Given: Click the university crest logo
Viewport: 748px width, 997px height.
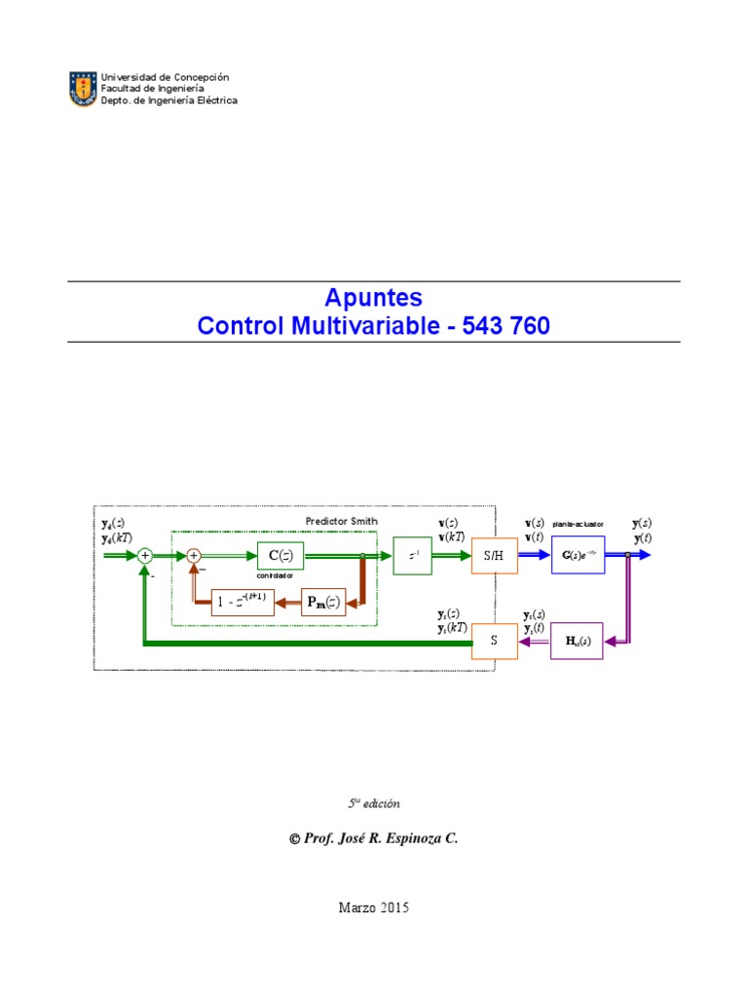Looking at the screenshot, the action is tap(82, 89).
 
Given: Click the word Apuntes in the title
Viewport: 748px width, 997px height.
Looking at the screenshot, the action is tap(373, 298).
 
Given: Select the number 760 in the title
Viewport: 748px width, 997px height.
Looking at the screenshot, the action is tap(528, 326).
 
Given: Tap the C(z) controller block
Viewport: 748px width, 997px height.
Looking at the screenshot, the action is tap(280, 556).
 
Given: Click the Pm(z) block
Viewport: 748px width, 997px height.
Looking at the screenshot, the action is tap(322, 603).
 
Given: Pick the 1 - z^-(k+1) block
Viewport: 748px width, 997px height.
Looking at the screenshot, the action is tap(243, 603).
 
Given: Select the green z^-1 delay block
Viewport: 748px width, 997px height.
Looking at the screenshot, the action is tap(413, 556).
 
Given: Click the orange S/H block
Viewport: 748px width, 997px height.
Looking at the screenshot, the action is tap(495, 556).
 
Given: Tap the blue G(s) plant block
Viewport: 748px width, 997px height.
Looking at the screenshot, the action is tap(578, 556).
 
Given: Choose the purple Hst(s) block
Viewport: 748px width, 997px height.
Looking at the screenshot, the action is tap(577, 641).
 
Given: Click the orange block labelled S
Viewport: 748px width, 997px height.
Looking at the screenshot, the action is tap(495, 641).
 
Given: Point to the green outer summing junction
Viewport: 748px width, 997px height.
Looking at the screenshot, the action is tap(144, 556).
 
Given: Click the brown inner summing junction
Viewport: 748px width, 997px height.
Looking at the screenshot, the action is tap(194, 556).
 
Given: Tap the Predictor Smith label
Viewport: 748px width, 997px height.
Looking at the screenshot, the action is tap(341, 522).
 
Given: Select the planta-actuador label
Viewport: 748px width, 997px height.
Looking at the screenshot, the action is tap(579, 524).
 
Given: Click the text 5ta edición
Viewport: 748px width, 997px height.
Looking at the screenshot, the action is tap(374, 803).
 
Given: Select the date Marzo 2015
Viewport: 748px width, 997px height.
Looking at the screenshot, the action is tap(374, 907).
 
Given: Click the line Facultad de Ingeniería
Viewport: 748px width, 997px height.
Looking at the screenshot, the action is tap(150, 89).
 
